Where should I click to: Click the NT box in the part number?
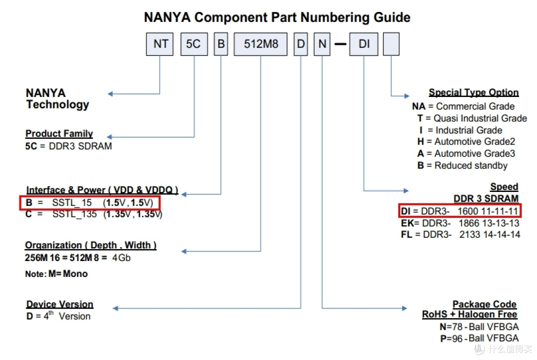point(160,44)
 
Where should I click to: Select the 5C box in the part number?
point(193,44)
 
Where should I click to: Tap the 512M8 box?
point(261,44)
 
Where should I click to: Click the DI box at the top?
point(364,44)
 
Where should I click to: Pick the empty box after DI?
point(391,44)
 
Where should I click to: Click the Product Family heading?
point(59,134)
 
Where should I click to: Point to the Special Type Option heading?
point(473,92)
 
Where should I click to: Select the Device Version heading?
point(60,304)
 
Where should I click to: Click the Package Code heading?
point(484,304)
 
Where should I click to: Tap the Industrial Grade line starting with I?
point(460,130)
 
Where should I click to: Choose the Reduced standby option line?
point(462,166)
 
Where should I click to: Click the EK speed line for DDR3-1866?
point(460,223)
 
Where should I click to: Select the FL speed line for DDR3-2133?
point(460,234)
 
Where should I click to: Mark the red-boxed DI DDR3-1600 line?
point(459,211)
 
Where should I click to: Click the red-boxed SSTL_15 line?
point(90,203)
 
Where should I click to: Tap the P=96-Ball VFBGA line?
point(479,338)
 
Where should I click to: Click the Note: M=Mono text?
point(56,274)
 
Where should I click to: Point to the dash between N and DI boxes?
point(340,45)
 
